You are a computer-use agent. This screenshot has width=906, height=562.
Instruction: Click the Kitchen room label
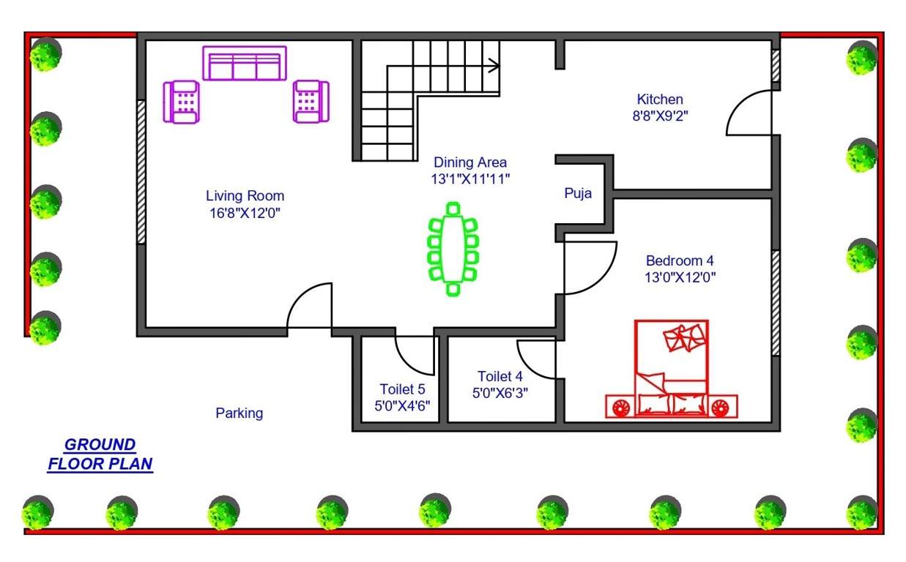[659, 99]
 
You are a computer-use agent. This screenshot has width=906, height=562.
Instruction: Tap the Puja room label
[578, 194]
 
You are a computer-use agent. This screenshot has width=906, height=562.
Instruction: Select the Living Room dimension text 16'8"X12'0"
[245, 213]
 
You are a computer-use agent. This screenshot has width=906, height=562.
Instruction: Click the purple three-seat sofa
[244, 64]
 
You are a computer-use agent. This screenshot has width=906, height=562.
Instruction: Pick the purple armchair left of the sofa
[182, 102]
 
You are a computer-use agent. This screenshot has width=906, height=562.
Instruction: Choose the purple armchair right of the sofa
[311, 101]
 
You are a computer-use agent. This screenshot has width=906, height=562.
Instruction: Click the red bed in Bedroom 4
[672, 370]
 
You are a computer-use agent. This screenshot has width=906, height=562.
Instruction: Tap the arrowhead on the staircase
[495, 65]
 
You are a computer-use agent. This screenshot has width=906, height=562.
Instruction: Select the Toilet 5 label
[401, 389]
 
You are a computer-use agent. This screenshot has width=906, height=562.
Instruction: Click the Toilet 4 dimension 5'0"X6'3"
[500, 392]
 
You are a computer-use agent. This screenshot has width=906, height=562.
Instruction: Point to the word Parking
[239, 413]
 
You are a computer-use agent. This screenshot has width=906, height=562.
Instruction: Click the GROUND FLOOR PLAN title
[100, 454]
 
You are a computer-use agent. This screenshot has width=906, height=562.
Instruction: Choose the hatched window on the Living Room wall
[141, 172]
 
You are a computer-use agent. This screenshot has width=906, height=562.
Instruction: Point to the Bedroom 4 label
[679, 261]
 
